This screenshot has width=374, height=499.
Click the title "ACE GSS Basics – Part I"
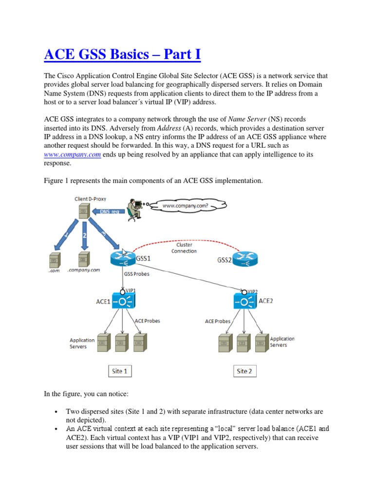122,54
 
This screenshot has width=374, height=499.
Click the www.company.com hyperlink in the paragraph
72,154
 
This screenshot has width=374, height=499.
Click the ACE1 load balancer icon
121,301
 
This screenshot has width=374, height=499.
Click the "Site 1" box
119,371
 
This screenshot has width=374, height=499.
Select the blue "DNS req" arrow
105,212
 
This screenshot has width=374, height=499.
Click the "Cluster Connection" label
184,248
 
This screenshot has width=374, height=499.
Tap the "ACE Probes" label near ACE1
147,321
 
